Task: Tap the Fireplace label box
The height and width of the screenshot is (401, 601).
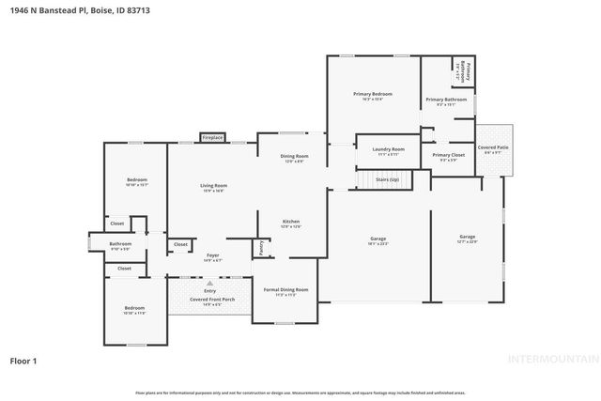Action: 212,137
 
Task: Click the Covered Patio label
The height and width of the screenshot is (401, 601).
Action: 495,148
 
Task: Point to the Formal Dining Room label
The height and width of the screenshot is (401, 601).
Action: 285,292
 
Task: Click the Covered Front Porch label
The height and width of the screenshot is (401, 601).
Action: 212,301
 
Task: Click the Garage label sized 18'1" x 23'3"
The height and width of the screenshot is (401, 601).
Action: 378,239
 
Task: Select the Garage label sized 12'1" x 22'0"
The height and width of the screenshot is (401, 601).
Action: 467,239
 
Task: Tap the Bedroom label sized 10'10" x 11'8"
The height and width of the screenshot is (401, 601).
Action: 135,310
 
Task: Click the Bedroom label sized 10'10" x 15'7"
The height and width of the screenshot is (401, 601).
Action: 137,181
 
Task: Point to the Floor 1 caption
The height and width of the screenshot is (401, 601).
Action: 24,360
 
